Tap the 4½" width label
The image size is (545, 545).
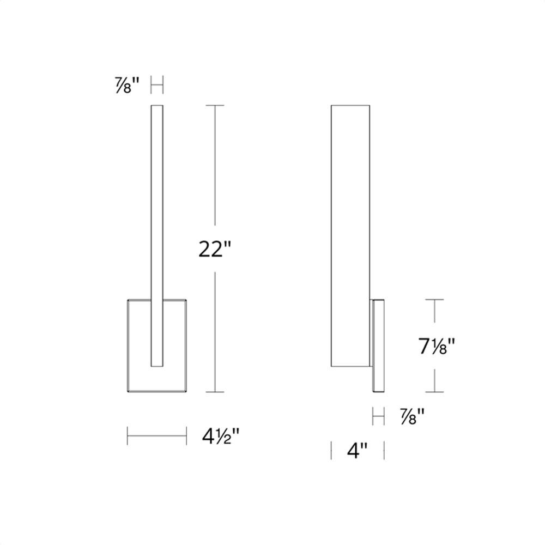pyautogui.click(x=221, y=437)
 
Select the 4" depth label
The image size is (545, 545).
pyautogui.click(x=358, y=451)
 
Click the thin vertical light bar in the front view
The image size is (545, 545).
pyautogui.click(x=157, y=218)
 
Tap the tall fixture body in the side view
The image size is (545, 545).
pyautogui.click(x=352, y=218)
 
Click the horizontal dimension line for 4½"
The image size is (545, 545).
pyautogui.click(x=157, y=436)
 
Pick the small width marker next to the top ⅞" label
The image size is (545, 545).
pyautogui.click(x=157, y=86)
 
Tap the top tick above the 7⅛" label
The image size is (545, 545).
pyautogui.click(x=434, y=300)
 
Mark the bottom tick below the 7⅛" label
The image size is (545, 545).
pyautogui.click(x=434, y=392)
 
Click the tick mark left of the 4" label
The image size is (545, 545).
pyautogui.click(x=332, y=451)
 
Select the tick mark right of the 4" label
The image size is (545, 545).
pyautogui.click(x=384, y=451)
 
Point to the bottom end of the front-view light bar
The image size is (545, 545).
pyautogui.click(x=157, y=366)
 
